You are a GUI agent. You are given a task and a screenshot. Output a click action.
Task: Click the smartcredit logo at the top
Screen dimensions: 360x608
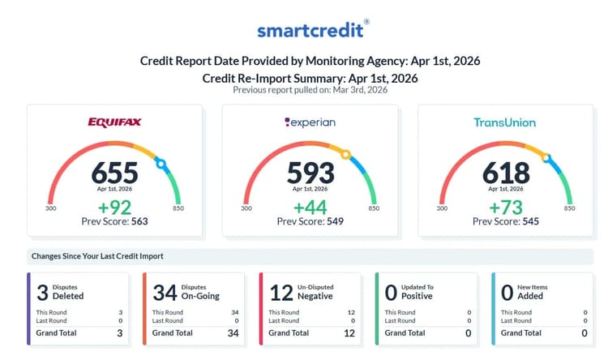point(313,30)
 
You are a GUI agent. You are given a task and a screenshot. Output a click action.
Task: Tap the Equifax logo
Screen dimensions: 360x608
point(114,123)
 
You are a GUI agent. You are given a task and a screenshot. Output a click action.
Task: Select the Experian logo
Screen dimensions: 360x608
point(310,123)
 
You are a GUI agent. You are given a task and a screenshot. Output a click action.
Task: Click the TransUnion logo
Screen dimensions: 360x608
point(505,123)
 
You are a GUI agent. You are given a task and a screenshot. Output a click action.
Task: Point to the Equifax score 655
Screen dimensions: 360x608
point(114,173)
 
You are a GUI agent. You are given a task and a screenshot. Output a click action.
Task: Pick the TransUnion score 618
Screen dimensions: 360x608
point(506,173)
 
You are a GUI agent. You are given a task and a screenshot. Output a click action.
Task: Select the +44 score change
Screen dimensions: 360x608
point(310,206)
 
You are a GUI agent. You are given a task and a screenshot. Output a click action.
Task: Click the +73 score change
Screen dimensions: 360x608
point(506,206)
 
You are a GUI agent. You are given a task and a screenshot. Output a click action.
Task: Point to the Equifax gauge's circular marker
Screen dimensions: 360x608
point(161,165)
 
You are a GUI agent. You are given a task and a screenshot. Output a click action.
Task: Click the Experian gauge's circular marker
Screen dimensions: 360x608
point(346,154)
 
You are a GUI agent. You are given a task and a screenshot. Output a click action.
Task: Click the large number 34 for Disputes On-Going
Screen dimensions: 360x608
point(165,292)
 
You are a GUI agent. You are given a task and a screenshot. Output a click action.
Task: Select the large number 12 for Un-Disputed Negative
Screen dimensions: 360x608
point(280,292)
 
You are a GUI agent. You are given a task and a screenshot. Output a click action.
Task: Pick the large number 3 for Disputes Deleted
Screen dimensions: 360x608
point(41,292)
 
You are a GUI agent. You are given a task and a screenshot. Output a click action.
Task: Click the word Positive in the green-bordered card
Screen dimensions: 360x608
point(417,297)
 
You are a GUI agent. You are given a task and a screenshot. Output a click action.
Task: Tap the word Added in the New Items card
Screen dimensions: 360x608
point(531,297)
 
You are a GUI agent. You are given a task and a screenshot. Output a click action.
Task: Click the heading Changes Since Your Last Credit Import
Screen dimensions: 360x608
point(97,256)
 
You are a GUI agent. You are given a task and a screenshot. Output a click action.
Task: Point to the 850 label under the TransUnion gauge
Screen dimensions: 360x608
point(569,208)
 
